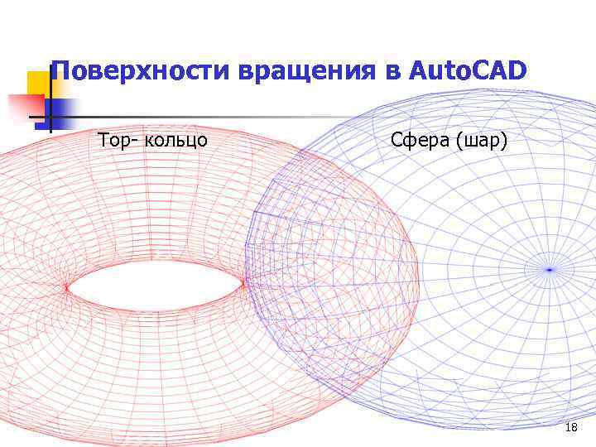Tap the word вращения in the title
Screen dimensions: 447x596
click(305, 72)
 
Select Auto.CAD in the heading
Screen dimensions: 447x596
click(468, 72)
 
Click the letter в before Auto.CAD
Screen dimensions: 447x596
click(392, 74)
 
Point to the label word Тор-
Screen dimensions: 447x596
click(118, 140)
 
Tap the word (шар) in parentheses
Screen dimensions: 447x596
click(482, 141)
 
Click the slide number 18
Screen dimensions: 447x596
click(570, 427)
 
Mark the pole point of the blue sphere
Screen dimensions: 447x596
click(549, 269)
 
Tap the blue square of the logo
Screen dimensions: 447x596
click(60, 110)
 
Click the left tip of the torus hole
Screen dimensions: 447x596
click(66, 287)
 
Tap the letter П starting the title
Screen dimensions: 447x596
click(59, 72)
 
